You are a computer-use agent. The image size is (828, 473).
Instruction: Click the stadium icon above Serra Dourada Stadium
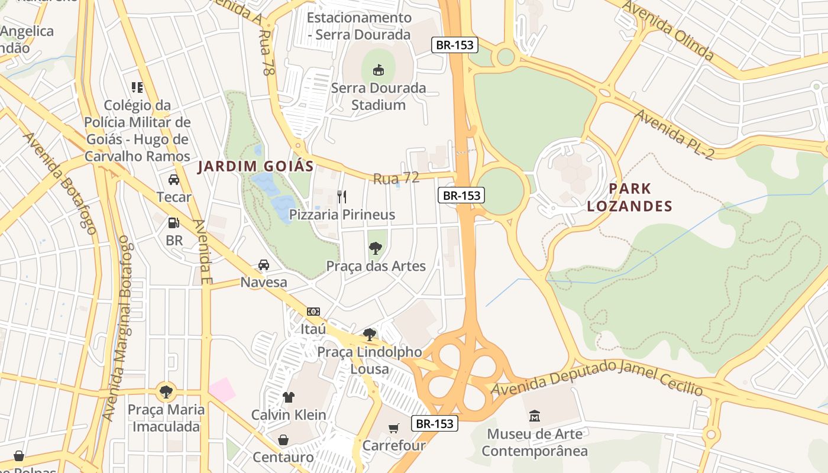(x=379, y=70)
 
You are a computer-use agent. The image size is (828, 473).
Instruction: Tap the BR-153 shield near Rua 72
(x=461, y=195)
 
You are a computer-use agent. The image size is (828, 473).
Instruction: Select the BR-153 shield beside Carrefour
(x=435, y=423)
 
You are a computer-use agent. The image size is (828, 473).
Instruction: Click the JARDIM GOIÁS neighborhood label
(x=255, y=166)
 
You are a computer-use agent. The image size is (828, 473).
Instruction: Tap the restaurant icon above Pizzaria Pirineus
(x=341, y=196)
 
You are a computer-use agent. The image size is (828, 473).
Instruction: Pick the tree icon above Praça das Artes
(x=376, y=248)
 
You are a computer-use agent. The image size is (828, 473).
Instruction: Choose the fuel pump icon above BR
(x=174, y=223)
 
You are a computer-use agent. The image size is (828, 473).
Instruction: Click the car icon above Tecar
(x=174, y=179)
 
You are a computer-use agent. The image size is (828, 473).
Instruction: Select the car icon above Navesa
(x=264, y=264)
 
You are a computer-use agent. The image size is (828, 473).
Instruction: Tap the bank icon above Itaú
(x=313, y=311)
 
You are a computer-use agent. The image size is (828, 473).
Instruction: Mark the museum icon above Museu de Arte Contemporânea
(x=535, y=416)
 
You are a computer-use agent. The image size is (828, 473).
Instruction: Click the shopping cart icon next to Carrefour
(x=393, y=427)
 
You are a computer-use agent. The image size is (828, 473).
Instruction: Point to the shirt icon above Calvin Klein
(x=289, y=397)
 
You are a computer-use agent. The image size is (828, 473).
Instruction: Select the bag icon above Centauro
(x=283, y=440)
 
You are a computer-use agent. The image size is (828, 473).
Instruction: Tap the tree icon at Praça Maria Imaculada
(x=166, y=391)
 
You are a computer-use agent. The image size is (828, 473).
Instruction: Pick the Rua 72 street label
(x=396, y=178)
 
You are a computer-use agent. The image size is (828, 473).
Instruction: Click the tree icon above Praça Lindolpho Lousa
(x=370, y=335)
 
